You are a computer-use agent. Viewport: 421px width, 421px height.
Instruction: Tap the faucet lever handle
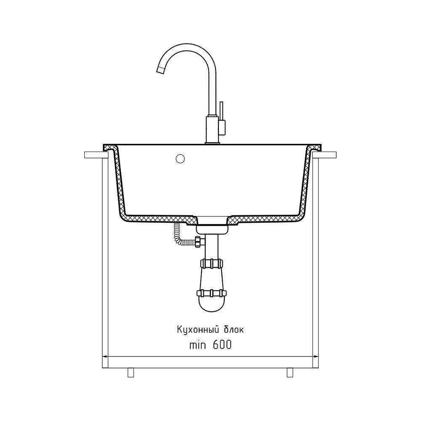coord(221,111)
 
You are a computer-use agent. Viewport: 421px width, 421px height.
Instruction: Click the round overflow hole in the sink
coord(180,159)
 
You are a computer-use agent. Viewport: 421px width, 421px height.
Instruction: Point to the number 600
coord(222,345)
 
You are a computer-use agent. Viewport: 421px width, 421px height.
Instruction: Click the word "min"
coord(197,345)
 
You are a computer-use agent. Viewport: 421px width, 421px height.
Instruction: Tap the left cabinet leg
coord(131,373)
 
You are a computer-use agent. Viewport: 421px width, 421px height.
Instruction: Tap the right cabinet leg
coord(290,373)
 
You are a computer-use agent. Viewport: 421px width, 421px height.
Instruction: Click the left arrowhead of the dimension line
coord(105,357)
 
